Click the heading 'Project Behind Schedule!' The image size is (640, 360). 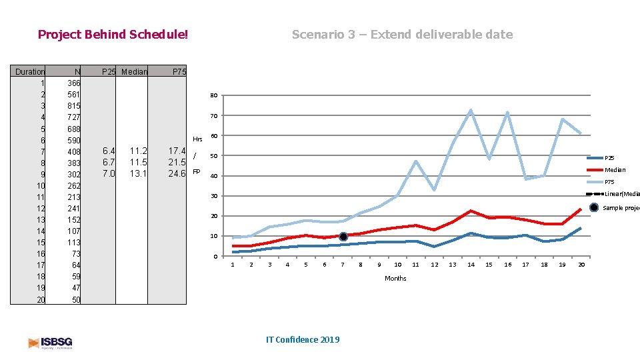click(x=113, y=34)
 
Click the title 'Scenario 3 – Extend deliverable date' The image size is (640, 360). click(x=402, y=34)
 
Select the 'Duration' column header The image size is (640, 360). click(x=30, y=71)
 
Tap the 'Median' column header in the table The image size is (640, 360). click(x=134, y=71)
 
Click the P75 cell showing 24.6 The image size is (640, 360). click(x=177, y=173)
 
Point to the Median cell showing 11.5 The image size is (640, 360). click(x=138, y=162)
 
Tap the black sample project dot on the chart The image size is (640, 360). click(x=343, y=237)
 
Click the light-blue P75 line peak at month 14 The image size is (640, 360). click(x=471, y=110)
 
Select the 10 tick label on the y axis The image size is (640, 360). click(x=213, y=236)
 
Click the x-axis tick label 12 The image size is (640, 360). click(x=434, y=265)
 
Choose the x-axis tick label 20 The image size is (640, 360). click(x=581, y=265)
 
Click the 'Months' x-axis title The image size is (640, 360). click(x=395, y=278)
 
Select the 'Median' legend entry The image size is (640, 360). click(x=615, y=170)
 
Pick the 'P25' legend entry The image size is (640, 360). click(x=609, y=158)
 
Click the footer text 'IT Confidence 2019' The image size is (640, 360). click(x=302, y=339)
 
